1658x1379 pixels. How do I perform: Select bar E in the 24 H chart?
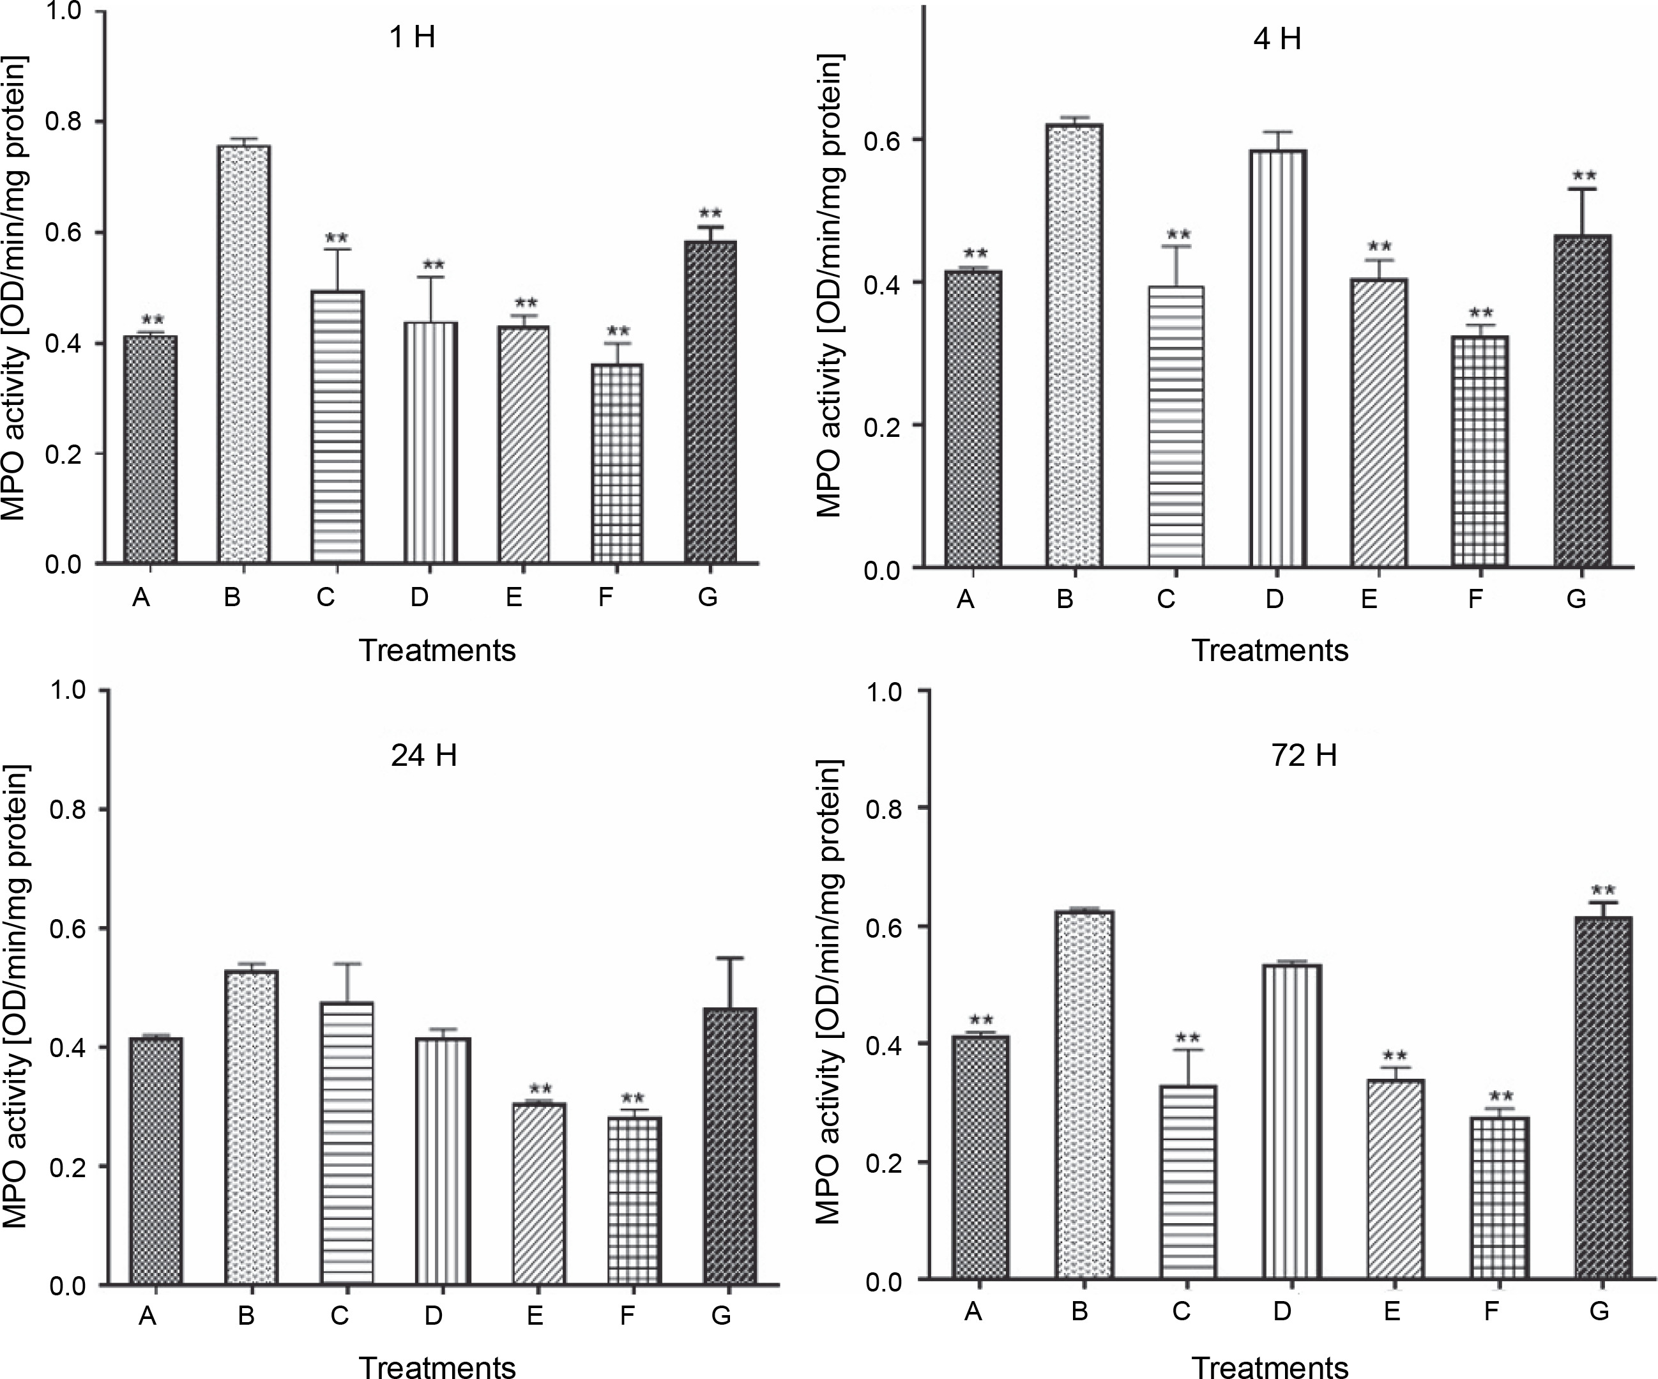click(538, 1193)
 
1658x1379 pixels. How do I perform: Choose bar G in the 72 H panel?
click(1602, 1098)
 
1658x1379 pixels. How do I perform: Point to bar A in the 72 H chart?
click(980, 1157)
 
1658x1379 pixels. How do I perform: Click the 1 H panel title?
click(412, 37)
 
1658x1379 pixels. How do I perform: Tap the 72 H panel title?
click(1304, 756)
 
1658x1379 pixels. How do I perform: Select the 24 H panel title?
click(424, 756)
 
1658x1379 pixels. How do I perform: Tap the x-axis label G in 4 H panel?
click(1576, 600)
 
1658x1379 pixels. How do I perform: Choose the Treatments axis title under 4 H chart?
click(1270, 651)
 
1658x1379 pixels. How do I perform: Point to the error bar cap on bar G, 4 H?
click(1583, 189)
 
